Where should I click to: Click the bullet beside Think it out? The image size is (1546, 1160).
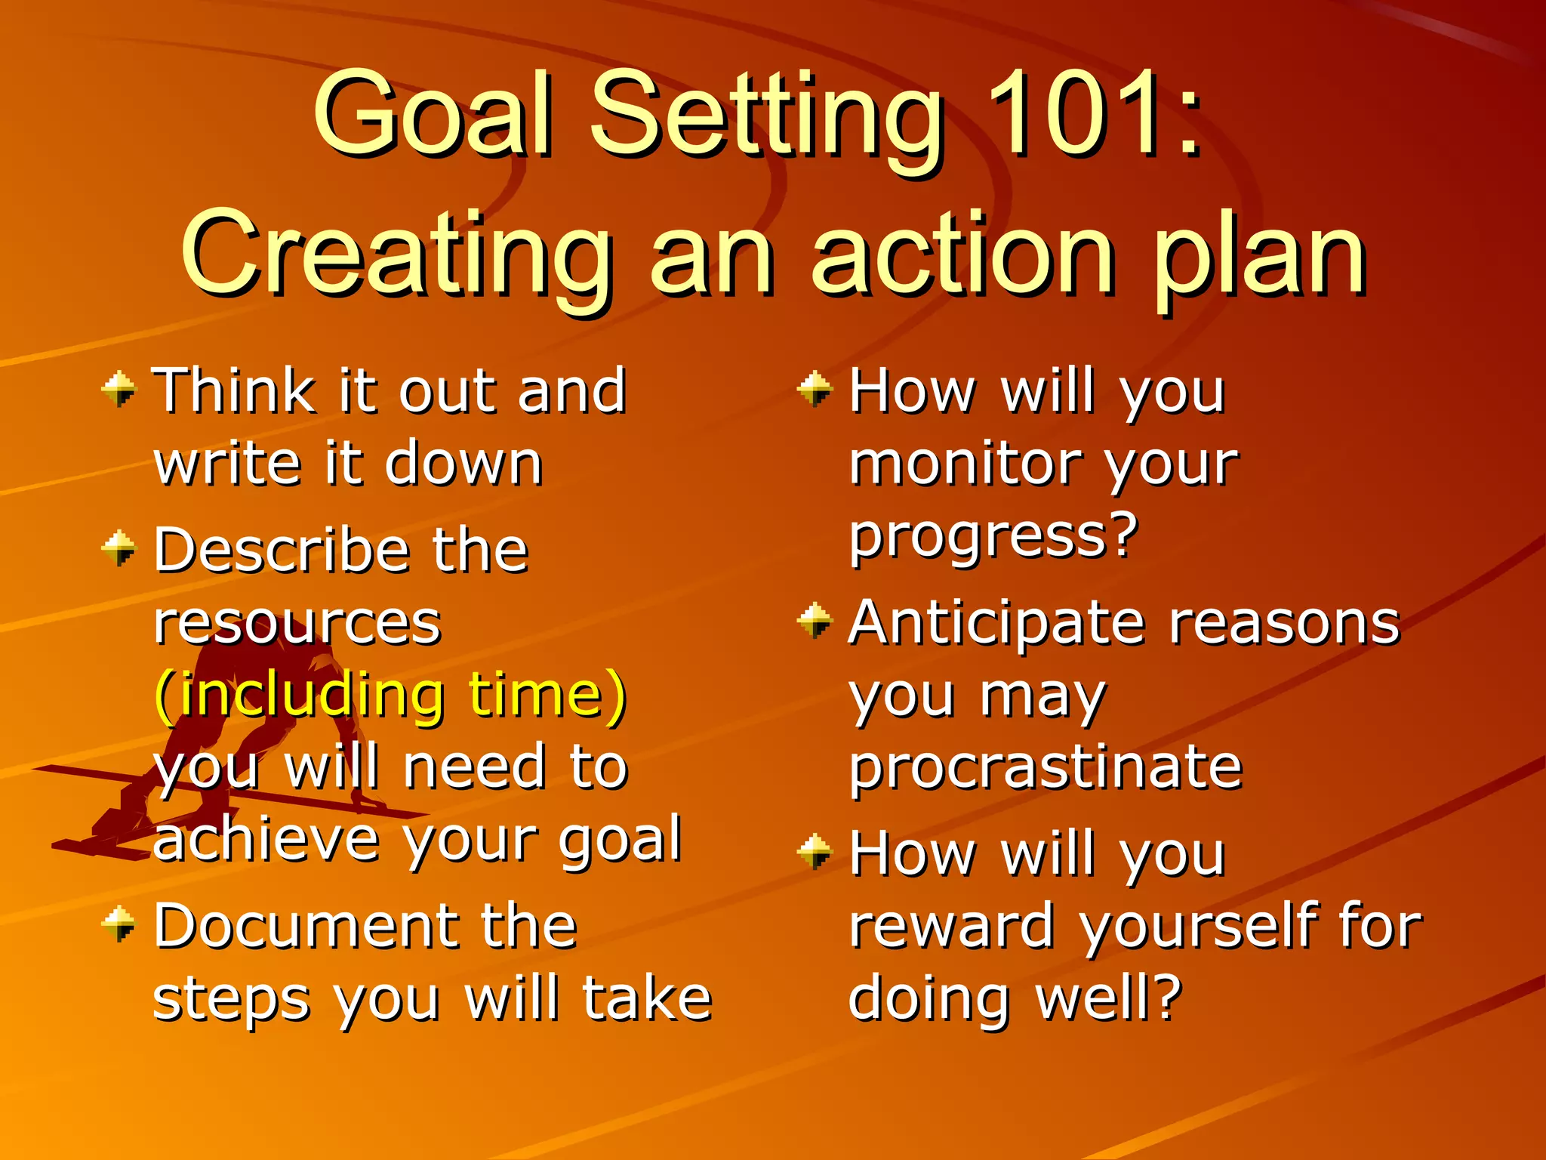pyautogui.click(x=119, y=389)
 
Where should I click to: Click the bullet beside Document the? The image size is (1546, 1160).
pyautogui.click(x=119, y=924)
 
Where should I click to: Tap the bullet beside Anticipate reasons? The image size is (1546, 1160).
pyautogui.click(x=815, y=621)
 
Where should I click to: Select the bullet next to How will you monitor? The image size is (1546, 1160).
pyautogui.click(x=815, y=389)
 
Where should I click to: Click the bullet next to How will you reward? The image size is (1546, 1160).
pyautogui.click(x=815, y=851)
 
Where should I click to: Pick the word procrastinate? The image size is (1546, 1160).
pyautogui.click(x=1046, y=767)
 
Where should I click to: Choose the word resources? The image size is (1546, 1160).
pyautogui.click(x=297, y=624)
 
